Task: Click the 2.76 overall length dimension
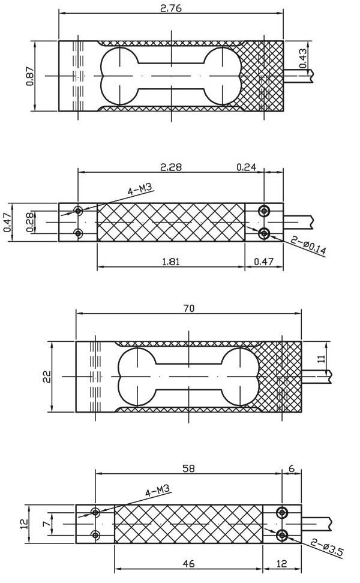pyautogui.click(x=171, y=8)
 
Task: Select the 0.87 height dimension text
pyautogui.click(x=30, y=76)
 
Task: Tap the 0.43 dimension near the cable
pyautogui.click(x=303, y=58)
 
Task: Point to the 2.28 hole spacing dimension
pyautogui.click(x=171, y=167)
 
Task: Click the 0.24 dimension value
pyautogui.click(x=247, y=167)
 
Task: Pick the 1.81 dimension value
pyautogui.click(x=171, y=262)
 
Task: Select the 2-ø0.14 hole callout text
pyautogui.click(x=308, y=246)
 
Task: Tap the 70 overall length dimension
pyautogui.click(x=189, y=309)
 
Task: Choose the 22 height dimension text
pyautogui.click(x=46, y=377)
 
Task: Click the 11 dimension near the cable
pyautogui.click(x=322, y=359)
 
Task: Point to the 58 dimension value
pyautogui.click(x=189, y=468)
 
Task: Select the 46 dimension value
pyautogui.click(x=189, y=564)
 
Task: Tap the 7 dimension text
pyautogui.click(x=46, y=524)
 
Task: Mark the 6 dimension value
pyautogui.click(x=292, y=468)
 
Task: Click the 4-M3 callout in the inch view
pyautogui.click(x=140, y=190)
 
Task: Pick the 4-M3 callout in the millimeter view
pyautogui.click(x=157, y=491)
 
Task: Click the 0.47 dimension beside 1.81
pyautogui.click(x=263, y=262)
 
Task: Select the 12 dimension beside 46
pyautogui.click(x=282, y=564)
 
